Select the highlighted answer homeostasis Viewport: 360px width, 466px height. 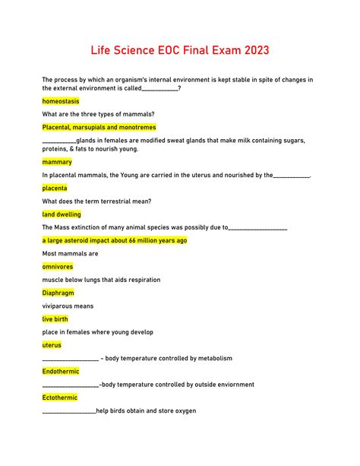tap(61, 101)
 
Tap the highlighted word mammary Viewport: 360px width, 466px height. tap(58, 162)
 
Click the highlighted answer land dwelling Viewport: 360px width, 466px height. tap(62, 214)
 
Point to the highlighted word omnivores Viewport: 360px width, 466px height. tap(58, 266)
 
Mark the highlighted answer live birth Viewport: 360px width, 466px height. tap(55, 319)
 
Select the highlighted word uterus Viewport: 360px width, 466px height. tap(52, 345)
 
